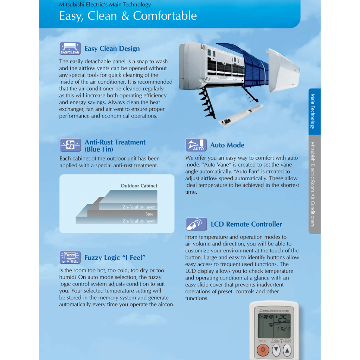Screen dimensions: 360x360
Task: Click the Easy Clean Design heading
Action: (112, 49)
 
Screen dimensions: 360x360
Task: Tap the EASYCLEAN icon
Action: (70, 49)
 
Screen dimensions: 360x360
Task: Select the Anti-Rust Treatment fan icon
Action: (70, 145)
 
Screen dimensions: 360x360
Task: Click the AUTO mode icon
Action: (196, 145)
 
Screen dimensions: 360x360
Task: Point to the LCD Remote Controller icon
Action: (196, 224)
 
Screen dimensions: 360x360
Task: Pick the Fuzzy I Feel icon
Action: (70, 258)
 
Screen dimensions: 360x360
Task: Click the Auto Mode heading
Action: (227, 145)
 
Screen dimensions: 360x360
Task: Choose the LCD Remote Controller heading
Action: (246, 224)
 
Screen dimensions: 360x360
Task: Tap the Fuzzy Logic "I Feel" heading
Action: (115, 258)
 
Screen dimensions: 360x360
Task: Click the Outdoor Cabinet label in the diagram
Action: (139, 186)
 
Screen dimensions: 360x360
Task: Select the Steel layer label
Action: (150, 214)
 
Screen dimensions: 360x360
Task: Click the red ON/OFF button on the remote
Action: (263, 350)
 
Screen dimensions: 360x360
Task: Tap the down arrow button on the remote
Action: (277, 350)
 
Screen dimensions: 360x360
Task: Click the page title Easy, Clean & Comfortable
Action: (128, 16)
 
